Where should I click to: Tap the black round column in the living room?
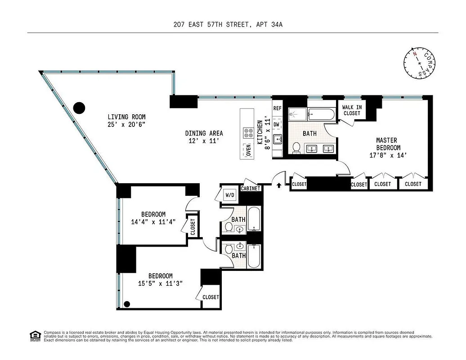point(79,108)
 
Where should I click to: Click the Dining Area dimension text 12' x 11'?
point(204,141)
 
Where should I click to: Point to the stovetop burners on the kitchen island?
point(248,133)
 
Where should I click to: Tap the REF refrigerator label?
point(277,108)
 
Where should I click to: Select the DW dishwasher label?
point(277,124)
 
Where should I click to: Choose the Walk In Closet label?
point(351,110)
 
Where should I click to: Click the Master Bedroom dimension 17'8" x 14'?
point(388,155)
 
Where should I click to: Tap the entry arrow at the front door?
point(279,184)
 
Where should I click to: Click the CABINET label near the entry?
point(251,189)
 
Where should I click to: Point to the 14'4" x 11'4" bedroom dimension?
point(153,222)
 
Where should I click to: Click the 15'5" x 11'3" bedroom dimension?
point(160,283)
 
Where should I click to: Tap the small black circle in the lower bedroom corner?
point(127,304)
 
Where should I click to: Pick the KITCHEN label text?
point(260,132)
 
